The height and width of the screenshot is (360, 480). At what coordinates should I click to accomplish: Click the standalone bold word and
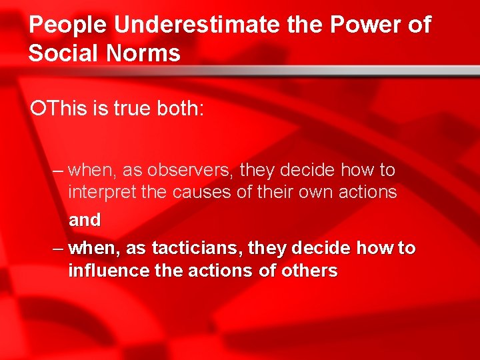[85, 220]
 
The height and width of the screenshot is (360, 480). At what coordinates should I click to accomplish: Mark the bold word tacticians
[197, 249]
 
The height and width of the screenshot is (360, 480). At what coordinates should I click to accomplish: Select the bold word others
[309, 271]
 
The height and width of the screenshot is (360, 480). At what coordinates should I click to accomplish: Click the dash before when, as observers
[58, 171]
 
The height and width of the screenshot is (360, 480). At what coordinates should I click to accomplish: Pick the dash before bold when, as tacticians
[58, 249]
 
